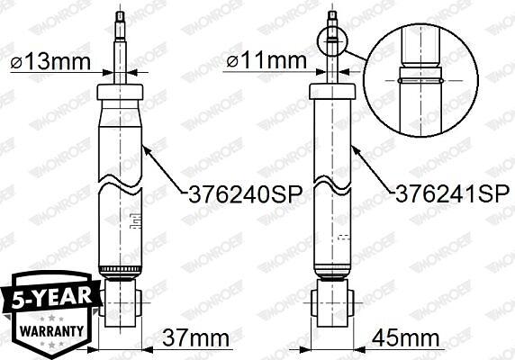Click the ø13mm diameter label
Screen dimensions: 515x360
pos(50,62)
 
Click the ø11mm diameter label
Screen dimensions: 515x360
pos(267,60)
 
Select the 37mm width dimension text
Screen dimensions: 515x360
pos(196,338)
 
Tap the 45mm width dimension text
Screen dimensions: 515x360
pos(406,337)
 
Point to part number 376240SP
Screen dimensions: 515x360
pos(245,195)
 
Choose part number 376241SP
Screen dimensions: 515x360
pos(453,193)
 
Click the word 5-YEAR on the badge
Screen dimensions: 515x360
pos(51,298)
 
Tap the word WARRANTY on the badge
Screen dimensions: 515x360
pos(51,330)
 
